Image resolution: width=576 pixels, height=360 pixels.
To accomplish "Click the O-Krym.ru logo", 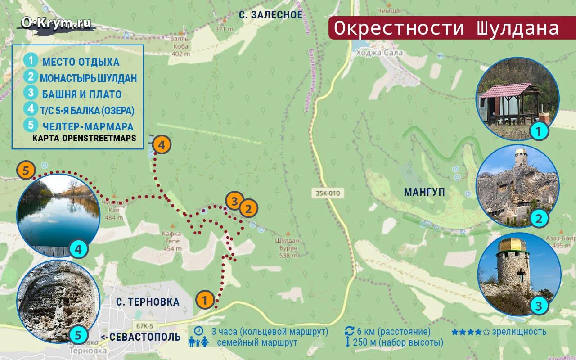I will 56,23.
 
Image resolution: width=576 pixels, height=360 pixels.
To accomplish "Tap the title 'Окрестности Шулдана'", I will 446,28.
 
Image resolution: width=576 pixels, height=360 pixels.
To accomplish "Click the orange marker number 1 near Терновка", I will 205,300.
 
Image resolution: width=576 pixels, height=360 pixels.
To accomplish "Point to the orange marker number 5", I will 26,171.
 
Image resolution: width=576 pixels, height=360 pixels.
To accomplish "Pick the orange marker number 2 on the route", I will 248,208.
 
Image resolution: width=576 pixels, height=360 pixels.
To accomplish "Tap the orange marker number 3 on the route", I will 234,201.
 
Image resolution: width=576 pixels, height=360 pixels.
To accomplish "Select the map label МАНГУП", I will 424,193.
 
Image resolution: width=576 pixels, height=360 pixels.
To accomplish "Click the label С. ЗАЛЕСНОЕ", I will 270,15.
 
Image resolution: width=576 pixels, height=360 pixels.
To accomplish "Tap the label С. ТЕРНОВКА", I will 147,302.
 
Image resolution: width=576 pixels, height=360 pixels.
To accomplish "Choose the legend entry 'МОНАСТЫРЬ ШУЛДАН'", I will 88,78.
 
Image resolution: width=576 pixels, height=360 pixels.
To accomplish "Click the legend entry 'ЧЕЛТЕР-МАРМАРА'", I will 88,126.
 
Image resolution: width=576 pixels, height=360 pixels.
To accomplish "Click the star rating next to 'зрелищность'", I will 470,332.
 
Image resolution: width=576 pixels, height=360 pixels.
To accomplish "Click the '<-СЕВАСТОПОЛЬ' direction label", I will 140,337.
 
